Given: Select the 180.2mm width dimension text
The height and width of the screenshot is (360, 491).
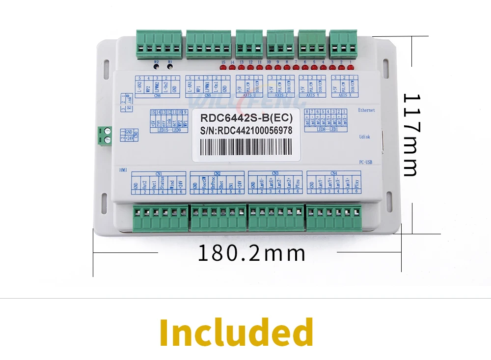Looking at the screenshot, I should point(251,253).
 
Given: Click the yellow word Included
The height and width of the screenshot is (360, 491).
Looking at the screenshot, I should point(236,332).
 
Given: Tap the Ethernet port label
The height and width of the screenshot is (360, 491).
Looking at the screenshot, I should point(366,110).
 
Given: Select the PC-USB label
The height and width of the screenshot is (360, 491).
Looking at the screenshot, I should point(366,162).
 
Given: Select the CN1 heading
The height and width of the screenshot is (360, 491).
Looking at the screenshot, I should point(159,173).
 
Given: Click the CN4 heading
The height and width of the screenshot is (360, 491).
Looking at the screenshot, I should point(334,173).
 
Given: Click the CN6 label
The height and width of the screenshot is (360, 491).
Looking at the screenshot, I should point(157,96).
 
